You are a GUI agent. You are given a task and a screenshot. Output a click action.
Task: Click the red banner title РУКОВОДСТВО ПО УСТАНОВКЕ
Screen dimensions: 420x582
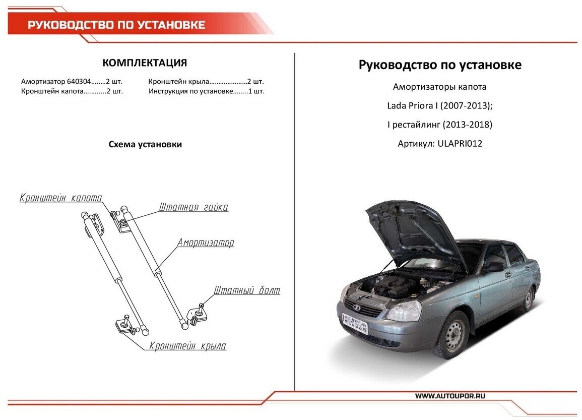116,25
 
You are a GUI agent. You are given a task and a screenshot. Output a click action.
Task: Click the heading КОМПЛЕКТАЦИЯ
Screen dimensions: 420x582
145,63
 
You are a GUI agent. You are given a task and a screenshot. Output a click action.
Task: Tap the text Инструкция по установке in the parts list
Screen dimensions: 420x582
190,92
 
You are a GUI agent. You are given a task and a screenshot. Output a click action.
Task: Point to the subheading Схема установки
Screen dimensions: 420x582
145,145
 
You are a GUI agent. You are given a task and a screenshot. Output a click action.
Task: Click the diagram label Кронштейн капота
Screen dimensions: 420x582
61,198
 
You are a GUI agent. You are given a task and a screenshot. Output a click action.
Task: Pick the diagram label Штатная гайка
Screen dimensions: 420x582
193,207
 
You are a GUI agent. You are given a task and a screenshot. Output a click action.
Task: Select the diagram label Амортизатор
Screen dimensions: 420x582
206,243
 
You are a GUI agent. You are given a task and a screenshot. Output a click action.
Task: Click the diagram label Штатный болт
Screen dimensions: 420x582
247,291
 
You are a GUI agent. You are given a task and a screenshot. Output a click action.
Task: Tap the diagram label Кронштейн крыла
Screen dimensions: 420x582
188,346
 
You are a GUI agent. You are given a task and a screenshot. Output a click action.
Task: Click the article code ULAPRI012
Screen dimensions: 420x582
460,144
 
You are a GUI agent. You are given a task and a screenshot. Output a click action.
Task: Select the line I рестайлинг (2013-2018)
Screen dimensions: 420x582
439,125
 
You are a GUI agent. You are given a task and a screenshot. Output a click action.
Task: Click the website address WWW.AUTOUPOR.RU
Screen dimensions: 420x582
450,396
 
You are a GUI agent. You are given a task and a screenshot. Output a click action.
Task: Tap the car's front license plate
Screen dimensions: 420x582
355,323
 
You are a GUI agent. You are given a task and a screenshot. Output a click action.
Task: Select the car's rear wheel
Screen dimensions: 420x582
528,299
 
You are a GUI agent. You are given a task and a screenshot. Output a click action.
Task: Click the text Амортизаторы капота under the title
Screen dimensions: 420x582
439,87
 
